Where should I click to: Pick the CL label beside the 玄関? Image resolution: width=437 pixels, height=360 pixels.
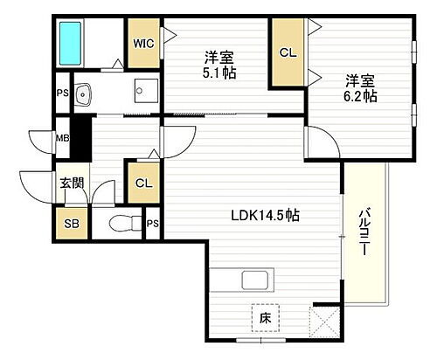click(x=142, y=183)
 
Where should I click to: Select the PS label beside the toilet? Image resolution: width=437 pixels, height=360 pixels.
click(x=152, y=223)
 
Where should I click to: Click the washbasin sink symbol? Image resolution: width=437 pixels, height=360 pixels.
click(x=83, y=92)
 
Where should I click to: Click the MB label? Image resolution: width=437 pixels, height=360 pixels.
click(x=61, y=136)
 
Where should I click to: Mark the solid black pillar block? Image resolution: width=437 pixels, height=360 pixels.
click(x=80, y=136)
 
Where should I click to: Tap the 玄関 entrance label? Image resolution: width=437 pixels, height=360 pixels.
click(x=71, y=183)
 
